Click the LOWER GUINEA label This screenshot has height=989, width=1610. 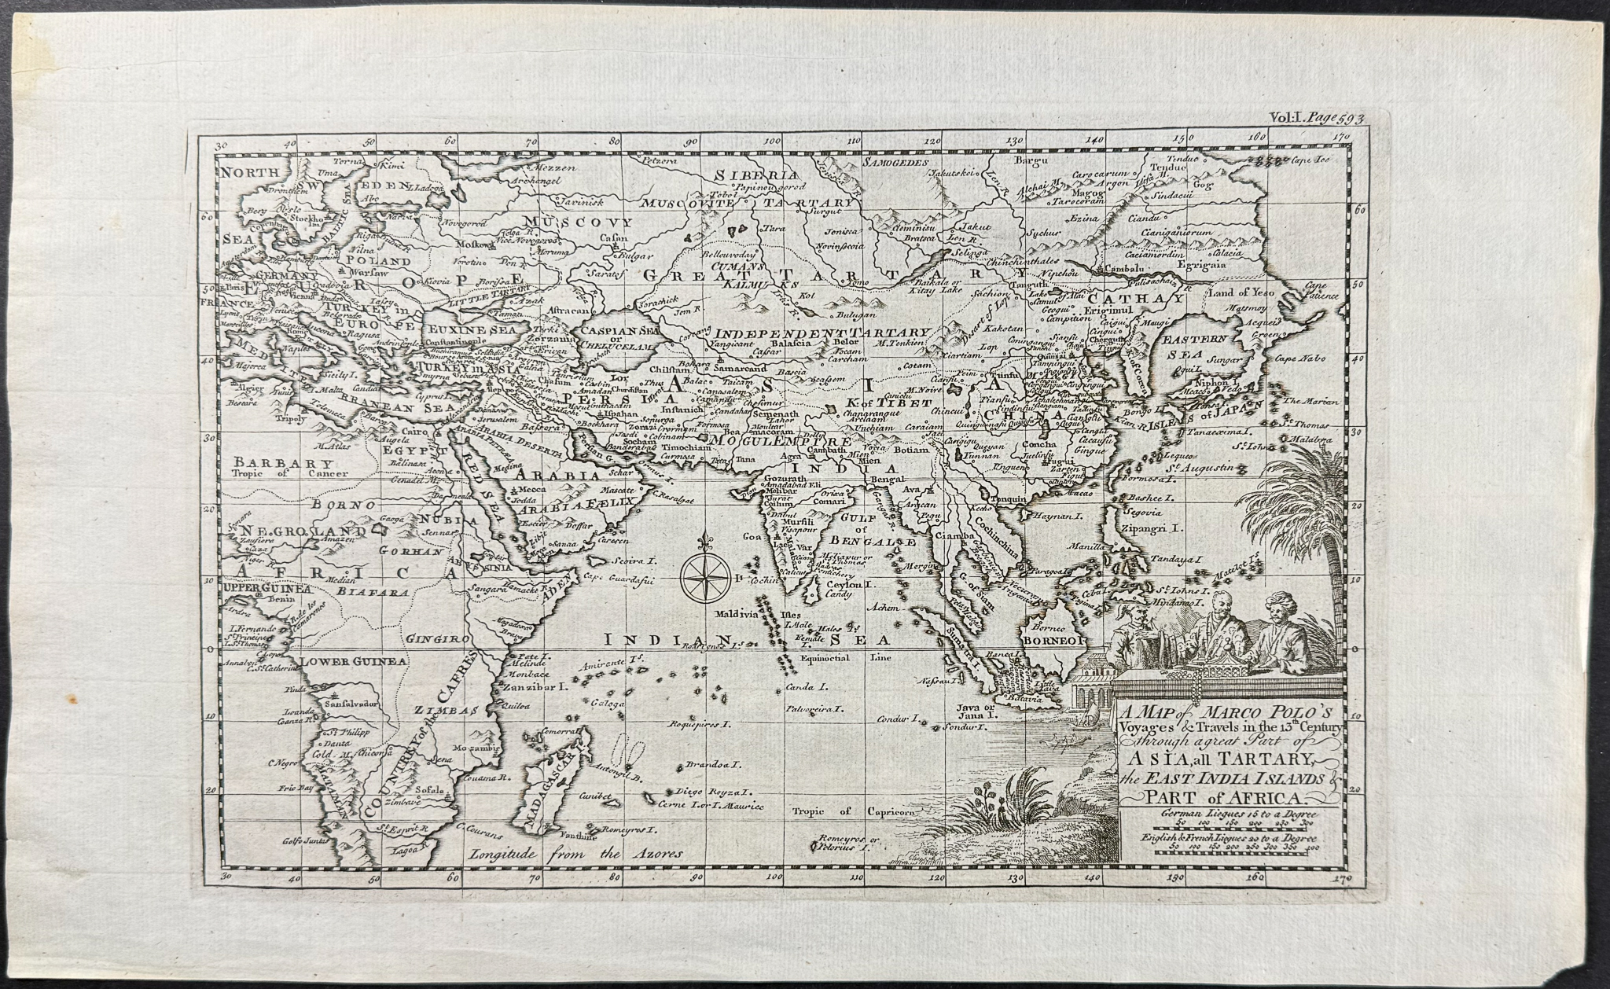point(355,661)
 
